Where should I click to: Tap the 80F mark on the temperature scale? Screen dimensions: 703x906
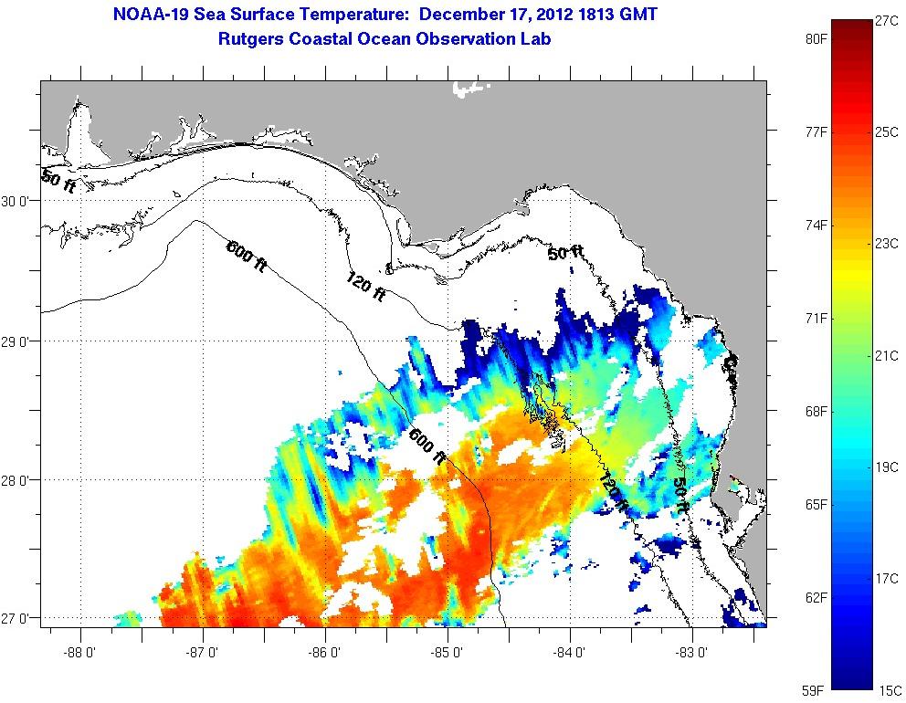816,40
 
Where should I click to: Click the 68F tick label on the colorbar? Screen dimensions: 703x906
816,412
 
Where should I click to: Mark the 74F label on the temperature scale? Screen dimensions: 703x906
816,226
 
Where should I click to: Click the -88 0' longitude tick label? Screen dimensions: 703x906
80,654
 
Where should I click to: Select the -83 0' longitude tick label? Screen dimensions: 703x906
692,654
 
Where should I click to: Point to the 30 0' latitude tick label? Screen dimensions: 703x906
18,202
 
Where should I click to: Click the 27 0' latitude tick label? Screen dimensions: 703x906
18,619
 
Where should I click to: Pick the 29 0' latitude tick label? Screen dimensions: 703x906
18,341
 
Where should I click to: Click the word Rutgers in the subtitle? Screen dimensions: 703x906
250,38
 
